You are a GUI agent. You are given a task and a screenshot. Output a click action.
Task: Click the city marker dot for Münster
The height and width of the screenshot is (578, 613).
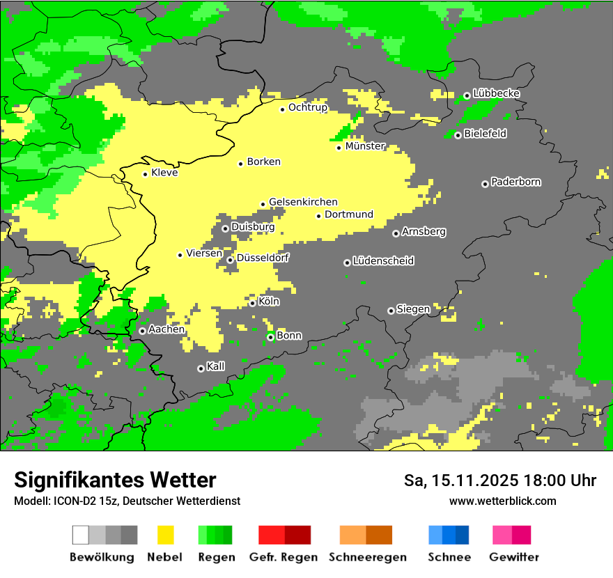pos(339,147)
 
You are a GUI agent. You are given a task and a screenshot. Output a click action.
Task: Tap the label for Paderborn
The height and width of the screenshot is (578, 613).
pos(515,182)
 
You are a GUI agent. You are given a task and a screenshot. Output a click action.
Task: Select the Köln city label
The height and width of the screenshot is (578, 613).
pos(268,302)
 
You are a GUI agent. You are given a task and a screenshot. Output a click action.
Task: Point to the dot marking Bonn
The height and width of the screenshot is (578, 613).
pos(271,337)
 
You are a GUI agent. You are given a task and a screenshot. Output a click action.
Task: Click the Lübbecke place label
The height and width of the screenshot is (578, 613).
pos(496,93)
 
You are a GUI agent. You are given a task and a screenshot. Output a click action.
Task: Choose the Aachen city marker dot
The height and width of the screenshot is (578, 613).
pos(142,331)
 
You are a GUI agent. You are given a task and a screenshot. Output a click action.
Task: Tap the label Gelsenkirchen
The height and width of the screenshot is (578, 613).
pos(303,202)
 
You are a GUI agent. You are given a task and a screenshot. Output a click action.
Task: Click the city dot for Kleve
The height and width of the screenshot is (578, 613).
pos(145,174)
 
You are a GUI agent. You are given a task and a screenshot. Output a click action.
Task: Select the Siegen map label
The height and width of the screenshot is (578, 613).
pos(413,309)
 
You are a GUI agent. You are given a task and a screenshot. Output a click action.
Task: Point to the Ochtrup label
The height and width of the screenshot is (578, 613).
pos(308,108)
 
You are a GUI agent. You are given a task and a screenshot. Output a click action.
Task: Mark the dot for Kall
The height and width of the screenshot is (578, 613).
pos(201,368)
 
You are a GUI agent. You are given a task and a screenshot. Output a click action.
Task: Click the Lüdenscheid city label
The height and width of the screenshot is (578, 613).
pos(383,261)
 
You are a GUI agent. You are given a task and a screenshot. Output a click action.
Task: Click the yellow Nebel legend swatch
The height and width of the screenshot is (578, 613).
pos(165,535)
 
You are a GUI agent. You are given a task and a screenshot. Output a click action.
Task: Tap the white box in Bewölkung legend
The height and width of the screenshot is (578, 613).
pos(81,535)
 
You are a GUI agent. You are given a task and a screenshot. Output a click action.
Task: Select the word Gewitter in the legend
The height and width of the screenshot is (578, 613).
pos(513,557)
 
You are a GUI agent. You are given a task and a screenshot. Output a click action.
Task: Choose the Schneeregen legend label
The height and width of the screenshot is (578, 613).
pos(367,557)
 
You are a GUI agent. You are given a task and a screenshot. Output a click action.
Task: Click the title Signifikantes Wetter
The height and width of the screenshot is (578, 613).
pos(115,480)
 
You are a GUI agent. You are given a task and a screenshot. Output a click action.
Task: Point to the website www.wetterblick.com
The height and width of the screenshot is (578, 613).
pos(502,501)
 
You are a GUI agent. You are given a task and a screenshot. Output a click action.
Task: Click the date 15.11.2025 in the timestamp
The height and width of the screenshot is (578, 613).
pos(471,481)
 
